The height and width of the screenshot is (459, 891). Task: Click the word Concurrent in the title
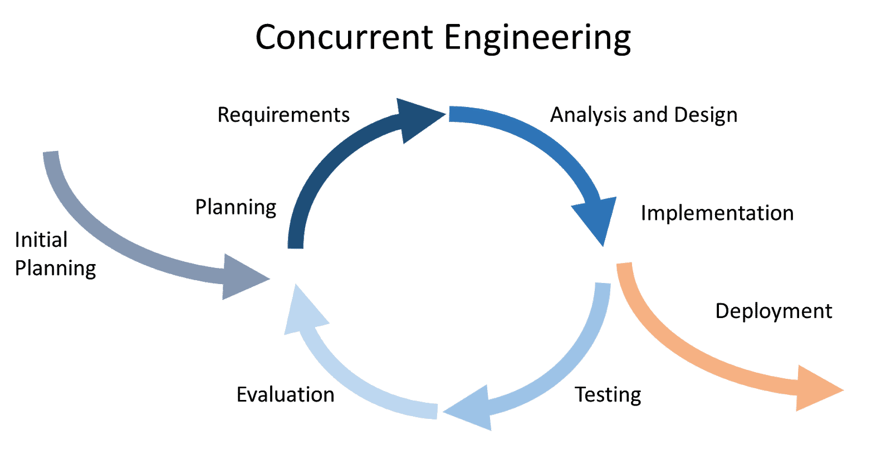coord(344,38)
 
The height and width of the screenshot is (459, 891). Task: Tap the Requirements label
coord(283,115)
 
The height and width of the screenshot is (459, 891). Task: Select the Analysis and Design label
coord(644,115)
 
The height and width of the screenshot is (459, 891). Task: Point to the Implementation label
coord(717,213)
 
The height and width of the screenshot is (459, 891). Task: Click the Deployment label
coord(773,311)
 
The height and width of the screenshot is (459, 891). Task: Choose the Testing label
coord(608,395)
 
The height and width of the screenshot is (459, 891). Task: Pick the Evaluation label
coord(285,395)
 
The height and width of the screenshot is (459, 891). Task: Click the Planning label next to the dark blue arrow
coord(236,207)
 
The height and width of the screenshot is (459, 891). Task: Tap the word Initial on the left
coord(41,240)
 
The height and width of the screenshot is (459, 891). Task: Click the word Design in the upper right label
coord(706,115)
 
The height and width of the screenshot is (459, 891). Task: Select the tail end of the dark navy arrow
coord(295,244)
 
